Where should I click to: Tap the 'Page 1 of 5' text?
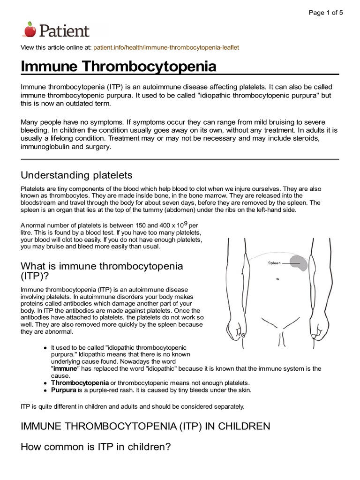326,13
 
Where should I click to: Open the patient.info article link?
166,47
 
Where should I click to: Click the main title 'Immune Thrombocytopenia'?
119,67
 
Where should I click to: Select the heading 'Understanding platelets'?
76,175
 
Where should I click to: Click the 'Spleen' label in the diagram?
274,263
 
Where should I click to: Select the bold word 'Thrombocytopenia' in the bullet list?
79,383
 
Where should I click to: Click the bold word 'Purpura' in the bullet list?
64,390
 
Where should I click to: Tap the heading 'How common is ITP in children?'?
95,447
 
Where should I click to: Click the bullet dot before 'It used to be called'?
45,348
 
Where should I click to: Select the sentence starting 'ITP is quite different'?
132,406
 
